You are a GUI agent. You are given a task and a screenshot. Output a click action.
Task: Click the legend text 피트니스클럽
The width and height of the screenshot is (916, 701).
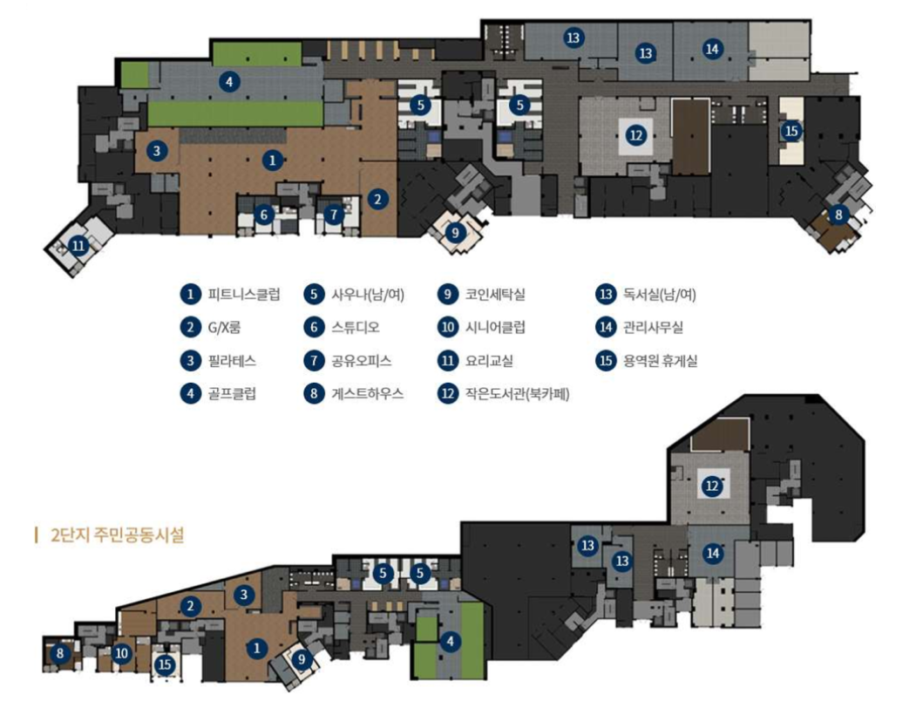click(x=244, y=294)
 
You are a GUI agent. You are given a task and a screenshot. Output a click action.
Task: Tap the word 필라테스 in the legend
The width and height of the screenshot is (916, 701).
click(x=232, y=360)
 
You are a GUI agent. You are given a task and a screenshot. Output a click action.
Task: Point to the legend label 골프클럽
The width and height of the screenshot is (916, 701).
click(x=232, y=393)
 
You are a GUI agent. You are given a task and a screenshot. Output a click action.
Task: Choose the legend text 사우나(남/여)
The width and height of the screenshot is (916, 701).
click(x=367, y=294)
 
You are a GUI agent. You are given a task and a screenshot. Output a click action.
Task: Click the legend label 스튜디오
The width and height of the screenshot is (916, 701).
click(x=355, y=328)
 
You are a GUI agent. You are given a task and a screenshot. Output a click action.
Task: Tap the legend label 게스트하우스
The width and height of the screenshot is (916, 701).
click(x=367, y=393)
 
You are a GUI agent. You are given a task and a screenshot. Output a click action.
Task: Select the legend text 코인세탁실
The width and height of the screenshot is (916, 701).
click(x=495, y=294)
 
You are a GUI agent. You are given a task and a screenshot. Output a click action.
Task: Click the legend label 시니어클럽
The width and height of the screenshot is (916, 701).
click(x=495, y=328)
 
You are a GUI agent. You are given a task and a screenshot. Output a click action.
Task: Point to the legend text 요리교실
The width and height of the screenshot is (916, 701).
click(x=490, y=360)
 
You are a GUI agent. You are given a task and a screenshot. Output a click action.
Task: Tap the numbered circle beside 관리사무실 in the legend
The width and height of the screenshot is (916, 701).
click(x=606, y=328)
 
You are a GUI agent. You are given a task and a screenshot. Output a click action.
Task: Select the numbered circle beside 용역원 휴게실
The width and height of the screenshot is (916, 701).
click(x=606, y=360)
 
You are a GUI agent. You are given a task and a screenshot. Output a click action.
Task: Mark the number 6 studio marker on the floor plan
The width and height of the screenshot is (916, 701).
click(x=266, y=214)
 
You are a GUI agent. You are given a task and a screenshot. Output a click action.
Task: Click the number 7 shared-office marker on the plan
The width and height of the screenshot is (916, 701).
click(x=333, y=214)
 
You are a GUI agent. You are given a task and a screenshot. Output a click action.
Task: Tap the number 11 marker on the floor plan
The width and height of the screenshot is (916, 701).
click(x=79, y=246)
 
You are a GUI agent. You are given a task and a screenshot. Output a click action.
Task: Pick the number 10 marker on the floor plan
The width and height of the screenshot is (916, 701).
click(x=122, y=652)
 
